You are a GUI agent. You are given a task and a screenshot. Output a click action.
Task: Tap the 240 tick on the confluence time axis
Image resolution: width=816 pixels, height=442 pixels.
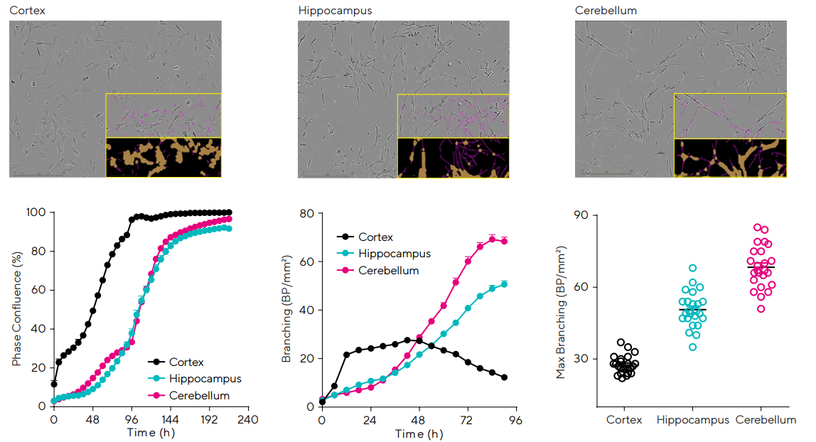click(x=247, y=419)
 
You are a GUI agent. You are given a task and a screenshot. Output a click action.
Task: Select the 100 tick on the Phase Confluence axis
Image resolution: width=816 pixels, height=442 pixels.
click(x=36, y=212)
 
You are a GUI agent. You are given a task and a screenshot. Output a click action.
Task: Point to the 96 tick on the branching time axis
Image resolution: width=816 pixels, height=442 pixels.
click(x=515, y=420)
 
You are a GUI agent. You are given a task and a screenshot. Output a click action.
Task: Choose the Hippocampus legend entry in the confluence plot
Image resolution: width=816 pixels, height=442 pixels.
click(x=205, y=379)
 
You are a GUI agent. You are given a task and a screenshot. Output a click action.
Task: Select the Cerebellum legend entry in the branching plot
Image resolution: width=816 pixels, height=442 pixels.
click(x=388, y=271)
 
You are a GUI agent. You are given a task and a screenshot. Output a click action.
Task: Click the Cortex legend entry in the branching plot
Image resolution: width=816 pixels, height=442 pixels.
click(x=375, y=237)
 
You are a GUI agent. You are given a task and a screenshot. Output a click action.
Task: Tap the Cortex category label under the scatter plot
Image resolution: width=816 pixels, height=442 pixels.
click(x=624, y=420)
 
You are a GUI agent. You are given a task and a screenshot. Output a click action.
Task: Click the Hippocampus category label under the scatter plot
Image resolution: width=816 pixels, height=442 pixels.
click(x=693, y=420)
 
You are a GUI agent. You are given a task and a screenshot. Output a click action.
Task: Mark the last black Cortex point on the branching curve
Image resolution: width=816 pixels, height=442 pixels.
click(x=504, y=377)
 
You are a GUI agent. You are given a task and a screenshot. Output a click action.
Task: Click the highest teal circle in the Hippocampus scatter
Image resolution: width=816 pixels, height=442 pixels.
click(x=692, y=269)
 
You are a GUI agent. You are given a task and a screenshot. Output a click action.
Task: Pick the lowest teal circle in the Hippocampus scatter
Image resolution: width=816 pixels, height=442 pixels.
click(x=692, y=347)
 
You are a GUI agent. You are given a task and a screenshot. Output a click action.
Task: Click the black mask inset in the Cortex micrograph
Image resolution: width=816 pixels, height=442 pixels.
click(x=163, y=157)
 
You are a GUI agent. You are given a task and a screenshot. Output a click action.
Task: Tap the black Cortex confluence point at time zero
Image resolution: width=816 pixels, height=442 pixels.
click(x=54, y=384)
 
